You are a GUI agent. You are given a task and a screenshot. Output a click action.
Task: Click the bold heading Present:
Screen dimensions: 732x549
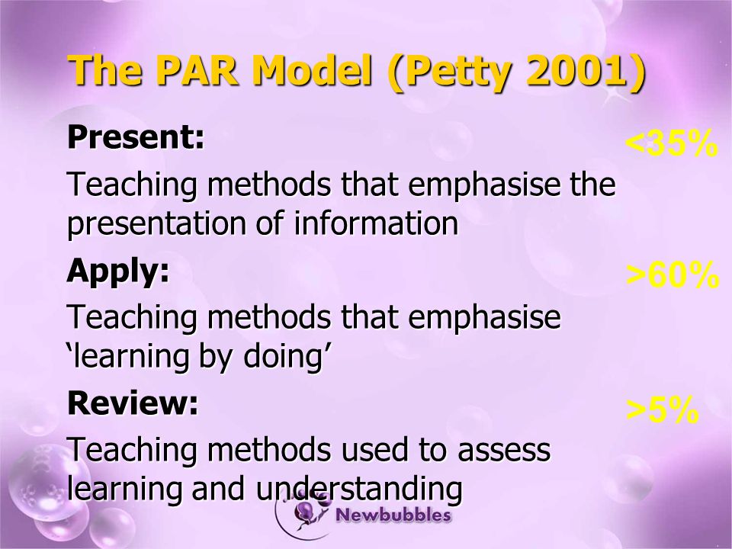pos(136,136)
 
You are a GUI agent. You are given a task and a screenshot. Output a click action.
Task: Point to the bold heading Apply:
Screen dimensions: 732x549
pos(118,271)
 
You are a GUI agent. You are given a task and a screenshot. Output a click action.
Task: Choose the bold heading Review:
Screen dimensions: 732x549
pos(133,403)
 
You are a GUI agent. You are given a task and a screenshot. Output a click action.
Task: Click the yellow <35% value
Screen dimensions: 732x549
pos(671,143)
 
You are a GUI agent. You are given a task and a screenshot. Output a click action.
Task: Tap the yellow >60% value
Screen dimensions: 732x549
pos(673,275)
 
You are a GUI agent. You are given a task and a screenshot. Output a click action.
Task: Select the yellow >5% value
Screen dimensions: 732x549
pos(663,410)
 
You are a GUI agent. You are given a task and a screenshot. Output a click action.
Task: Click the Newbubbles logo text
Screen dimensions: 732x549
pos(393,515)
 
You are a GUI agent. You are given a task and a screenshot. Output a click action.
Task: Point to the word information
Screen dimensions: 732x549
pos(376,223)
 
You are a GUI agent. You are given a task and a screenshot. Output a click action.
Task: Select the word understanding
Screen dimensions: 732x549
pos(359,490)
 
